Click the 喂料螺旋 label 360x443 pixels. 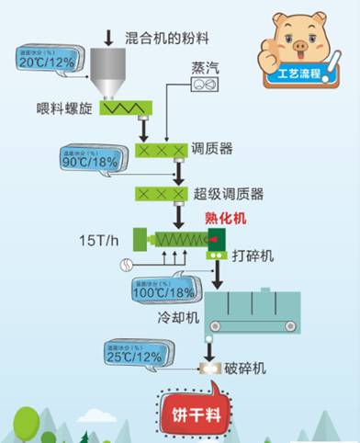point(59,114)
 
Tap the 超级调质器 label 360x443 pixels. point(229,195)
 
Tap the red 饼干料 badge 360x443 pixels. point(194,412)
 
